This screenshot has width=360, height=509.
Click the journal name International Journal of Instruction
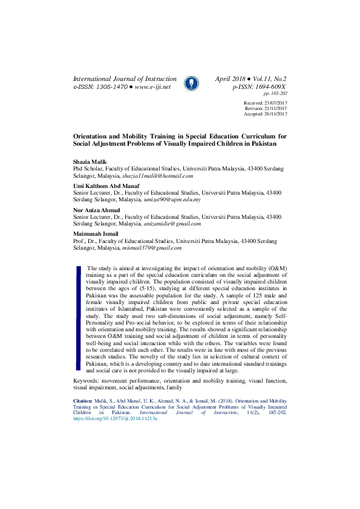click(x=125, y=79)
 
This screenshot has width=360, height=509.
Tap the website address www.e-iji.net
click(x=152, y=87)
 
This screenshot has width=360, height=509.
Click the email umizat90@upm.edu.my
click(x=172, y=199)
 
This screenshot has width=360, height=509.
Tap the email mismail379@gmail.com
click(x=151, y=247)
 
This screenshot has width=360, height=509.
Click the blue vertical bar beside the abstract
click(x=78, y=317)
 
